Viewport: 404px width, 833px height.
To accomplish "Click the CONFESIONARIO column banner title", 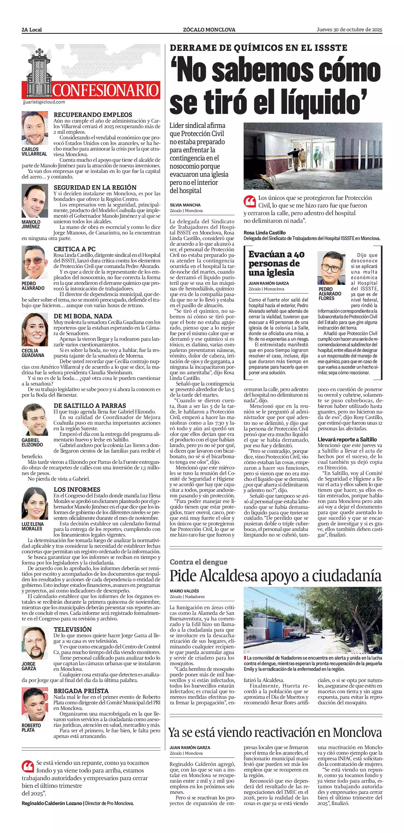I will tap(106, 90).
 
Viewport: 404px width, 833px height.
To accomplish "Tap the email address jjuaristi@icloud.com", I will tap(44, 102).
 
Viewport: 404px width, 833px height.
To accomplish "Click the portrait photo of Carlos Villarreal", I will tap(35, 128).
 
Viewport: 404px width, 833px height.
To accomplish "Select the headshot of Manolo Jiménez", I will tap(35, 201).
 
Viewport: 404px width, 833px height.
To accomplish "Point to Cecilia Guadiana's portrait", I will tap(35, 330).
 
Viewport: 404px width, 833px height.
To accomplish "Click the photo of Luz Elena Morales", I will tap(35, 503).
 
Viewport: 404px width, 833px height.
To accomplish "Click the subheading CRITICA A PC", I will tap(74, 249).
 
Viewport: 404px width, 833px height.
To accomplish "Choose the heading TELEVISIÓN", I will tap(73, 629).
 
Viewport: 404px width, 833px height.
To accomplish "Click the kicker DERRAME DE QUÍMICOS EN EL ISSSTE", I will tap(258, 48).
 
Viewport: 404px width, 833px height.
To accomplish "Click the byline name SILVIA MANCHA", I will tap(185, 205).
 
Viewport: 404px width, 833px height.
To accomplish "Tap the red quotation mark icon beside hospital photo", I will tap(249, 201).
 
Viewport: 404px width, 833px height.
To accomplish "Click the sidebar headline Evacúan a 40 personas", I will tap(276, 263).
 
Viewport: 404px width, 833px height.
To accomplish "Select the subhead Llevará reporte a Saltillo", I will tap(347, 439).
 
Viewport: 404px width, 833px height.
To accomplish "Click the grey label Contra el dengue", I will tap(199, 562).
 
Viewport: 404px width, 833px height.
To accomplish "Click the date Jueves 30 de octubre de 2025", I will tap(349, 29).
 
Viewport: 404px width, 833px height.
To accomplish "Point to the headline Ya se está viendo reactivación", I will tap(275, 732).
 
